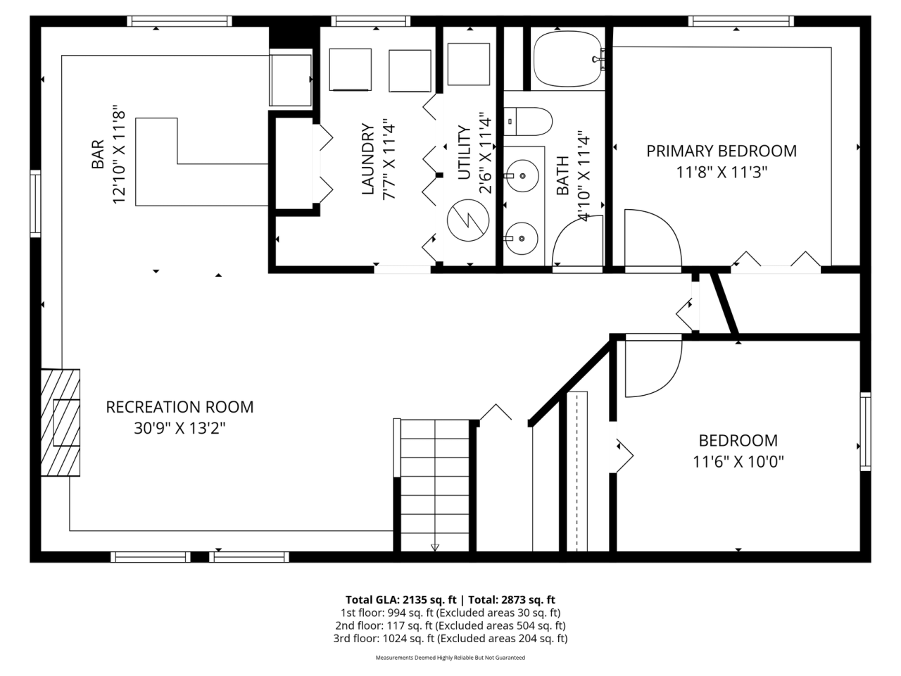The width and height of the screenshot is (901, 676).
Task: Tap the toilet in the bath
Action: (528, 122)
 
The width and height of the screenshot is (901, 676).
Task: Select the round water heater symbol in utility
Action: (468, 220)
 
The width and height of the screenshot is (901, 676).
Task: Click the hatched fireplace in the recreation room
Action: (61, 423)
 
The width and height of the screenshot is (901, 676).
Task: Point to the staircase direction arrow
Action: (435, 547)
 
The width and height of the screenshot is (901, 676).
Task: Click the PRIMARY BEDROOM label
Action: (722, 151)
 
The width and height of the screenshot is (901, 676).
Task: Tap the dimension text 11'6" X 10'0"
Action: (738, 462)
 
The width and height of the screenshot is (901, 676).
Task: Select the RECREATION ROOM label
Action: (179, 407)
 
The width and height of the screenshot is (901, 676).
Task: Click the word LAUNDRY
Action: (367, 159)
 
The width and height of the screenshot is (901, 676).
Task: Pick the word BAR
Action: (98, 154)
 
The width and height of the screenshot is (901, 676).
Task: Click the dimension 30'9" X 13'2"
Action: (179, 429)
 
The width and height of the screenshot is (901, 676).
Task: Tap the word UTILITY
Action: (464, 153)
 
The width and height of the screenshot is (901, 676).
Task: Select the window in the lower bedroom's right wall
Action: (865, 432)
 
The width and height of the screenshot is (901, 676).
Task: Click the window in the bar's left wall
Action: (36, 204)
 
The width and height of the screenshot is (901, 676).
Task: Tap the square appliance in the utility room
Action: (468, 64)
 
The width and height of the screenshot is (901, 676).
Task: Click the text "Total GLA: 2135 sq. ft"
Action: (401, 600)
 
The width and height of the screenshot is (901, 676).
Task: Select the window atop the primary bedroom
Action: (741, 21)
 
